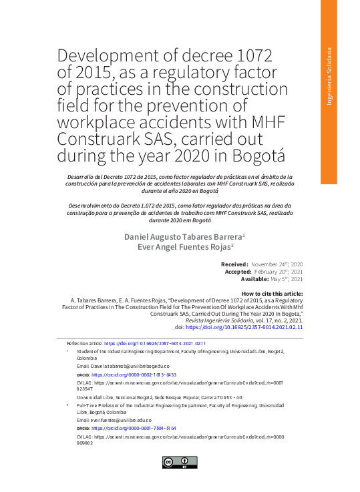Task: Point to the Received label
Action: (234, 265)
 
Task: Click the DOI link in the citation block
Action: (244, 327)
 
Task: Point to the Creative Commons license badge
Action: (180, 462)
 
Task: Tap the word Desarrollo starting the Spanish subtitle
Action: (75, 175)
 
